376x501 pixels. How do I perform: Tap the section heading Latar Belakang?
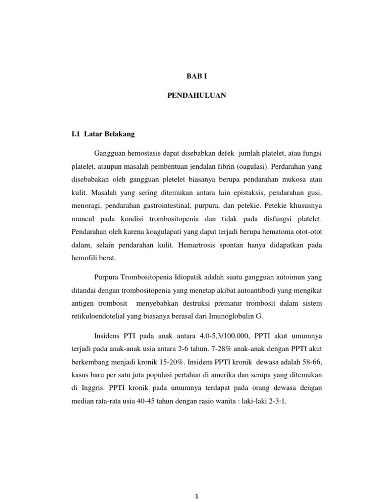point(104,134)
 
